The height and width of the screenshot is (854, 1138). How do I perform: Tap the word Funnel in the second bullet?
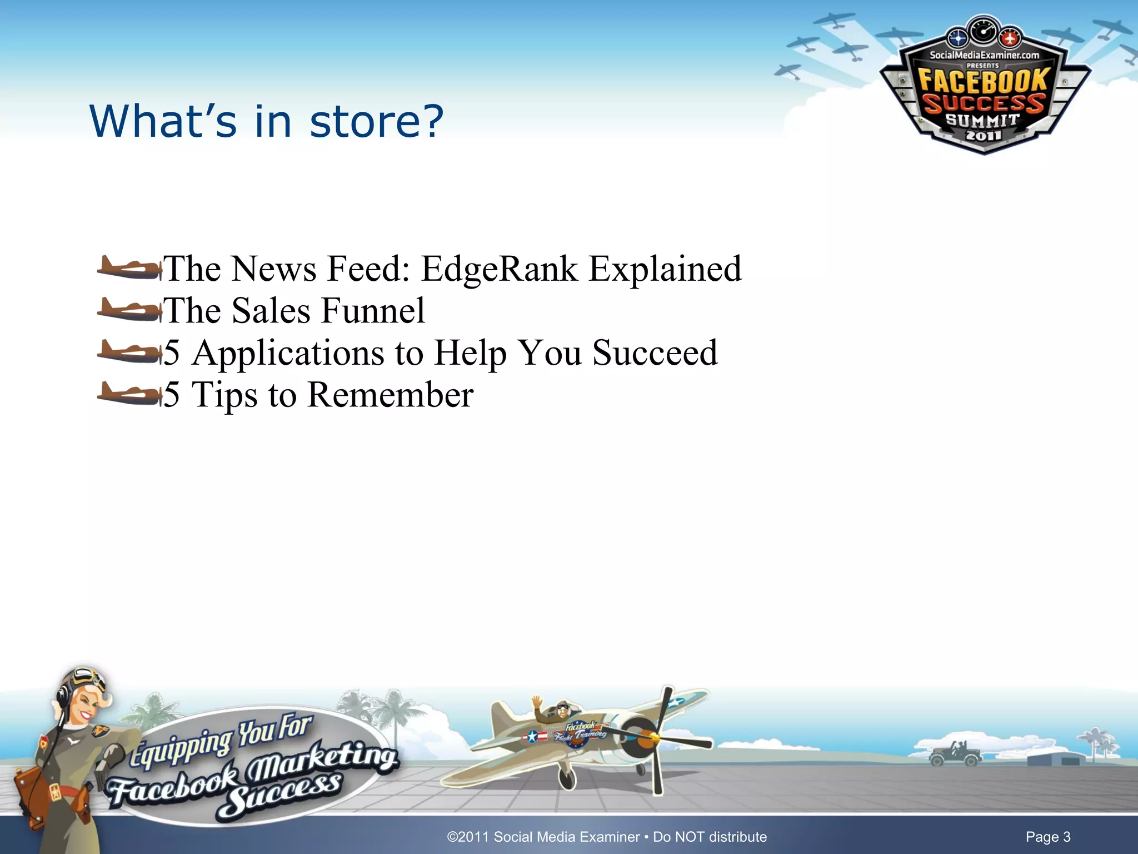373,311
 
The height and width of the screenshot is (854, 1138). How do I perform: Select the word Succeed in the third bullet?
655,353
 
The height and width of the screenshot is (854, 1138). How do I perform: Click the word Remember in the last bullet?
390,395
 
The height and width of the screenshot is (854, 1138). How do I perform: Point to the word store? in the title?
376,121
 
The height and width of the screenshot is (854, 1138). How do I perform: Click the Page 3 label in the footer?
1047,837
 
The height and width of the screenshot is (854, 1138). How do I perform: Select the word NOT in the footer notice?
688,837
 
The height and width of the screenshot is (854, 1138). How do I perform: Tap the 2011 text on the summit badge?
983,135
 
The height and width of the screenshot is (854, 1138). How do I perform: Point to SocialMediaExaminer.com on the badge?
984,55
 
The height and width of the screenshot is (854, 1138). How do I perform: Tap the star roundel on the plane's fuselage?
532,737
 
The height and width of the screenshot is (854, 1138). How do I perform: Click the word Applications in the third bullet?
288,353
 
